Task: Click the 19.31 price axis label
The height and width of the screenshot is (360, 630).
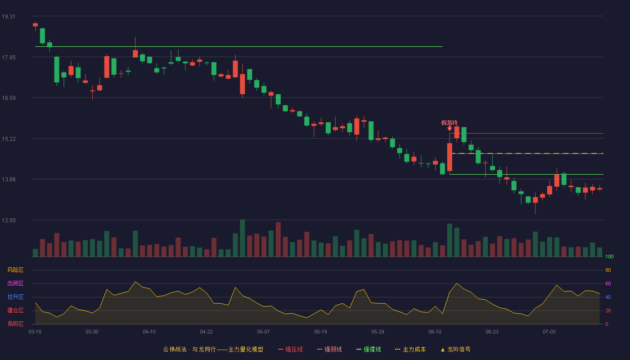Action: point(9,17)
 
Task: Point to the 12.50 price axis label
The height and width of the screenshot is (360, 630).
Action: point(9,220)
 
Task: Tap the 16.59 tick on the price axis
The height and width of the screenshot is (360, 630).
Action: point(9,98)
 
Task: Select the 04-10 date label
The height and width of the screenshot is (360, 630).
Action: point(149,332)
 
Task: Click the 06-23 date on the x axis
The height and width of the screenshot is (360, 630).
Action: point(492,332)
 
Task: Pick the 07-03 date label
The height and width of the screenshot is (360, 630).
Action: point(549,332)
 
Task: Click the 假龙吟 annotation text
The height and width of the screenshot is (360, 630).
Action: point(450,122)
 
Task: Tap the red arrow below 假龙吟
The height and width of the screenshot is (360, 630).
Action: point(450,129)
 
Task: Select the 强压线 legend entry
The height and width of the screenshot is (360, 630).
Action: point(290,349)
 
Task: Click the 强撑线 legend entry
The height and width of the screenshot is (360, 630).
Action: point(369,349)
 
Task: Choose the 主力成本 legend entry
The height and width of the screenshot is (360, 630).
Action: point(410,349)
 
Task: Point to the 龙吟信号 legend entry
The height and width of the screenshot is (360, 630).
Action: point(455,349)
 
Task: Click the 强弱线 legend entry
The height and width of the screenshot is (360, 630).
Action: point(329,349)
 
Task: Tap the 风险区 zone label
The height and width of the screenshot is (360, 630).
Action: point(15,270)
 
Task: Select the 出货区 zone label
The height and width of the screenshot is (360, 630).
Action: point(15,283)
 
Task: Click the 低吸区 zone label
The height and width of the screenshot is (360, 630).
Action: point(15,324)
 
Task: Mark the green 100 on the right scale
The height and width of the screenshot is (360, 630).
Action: point(609,256)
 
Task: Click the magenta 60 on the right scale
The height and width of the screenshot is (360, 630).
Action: point(608,283)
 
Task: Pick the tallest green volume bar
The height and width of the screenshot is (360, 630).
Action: point(243,238)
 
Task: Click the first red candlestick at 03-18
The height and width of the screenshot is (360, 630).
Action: point(35,25)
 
